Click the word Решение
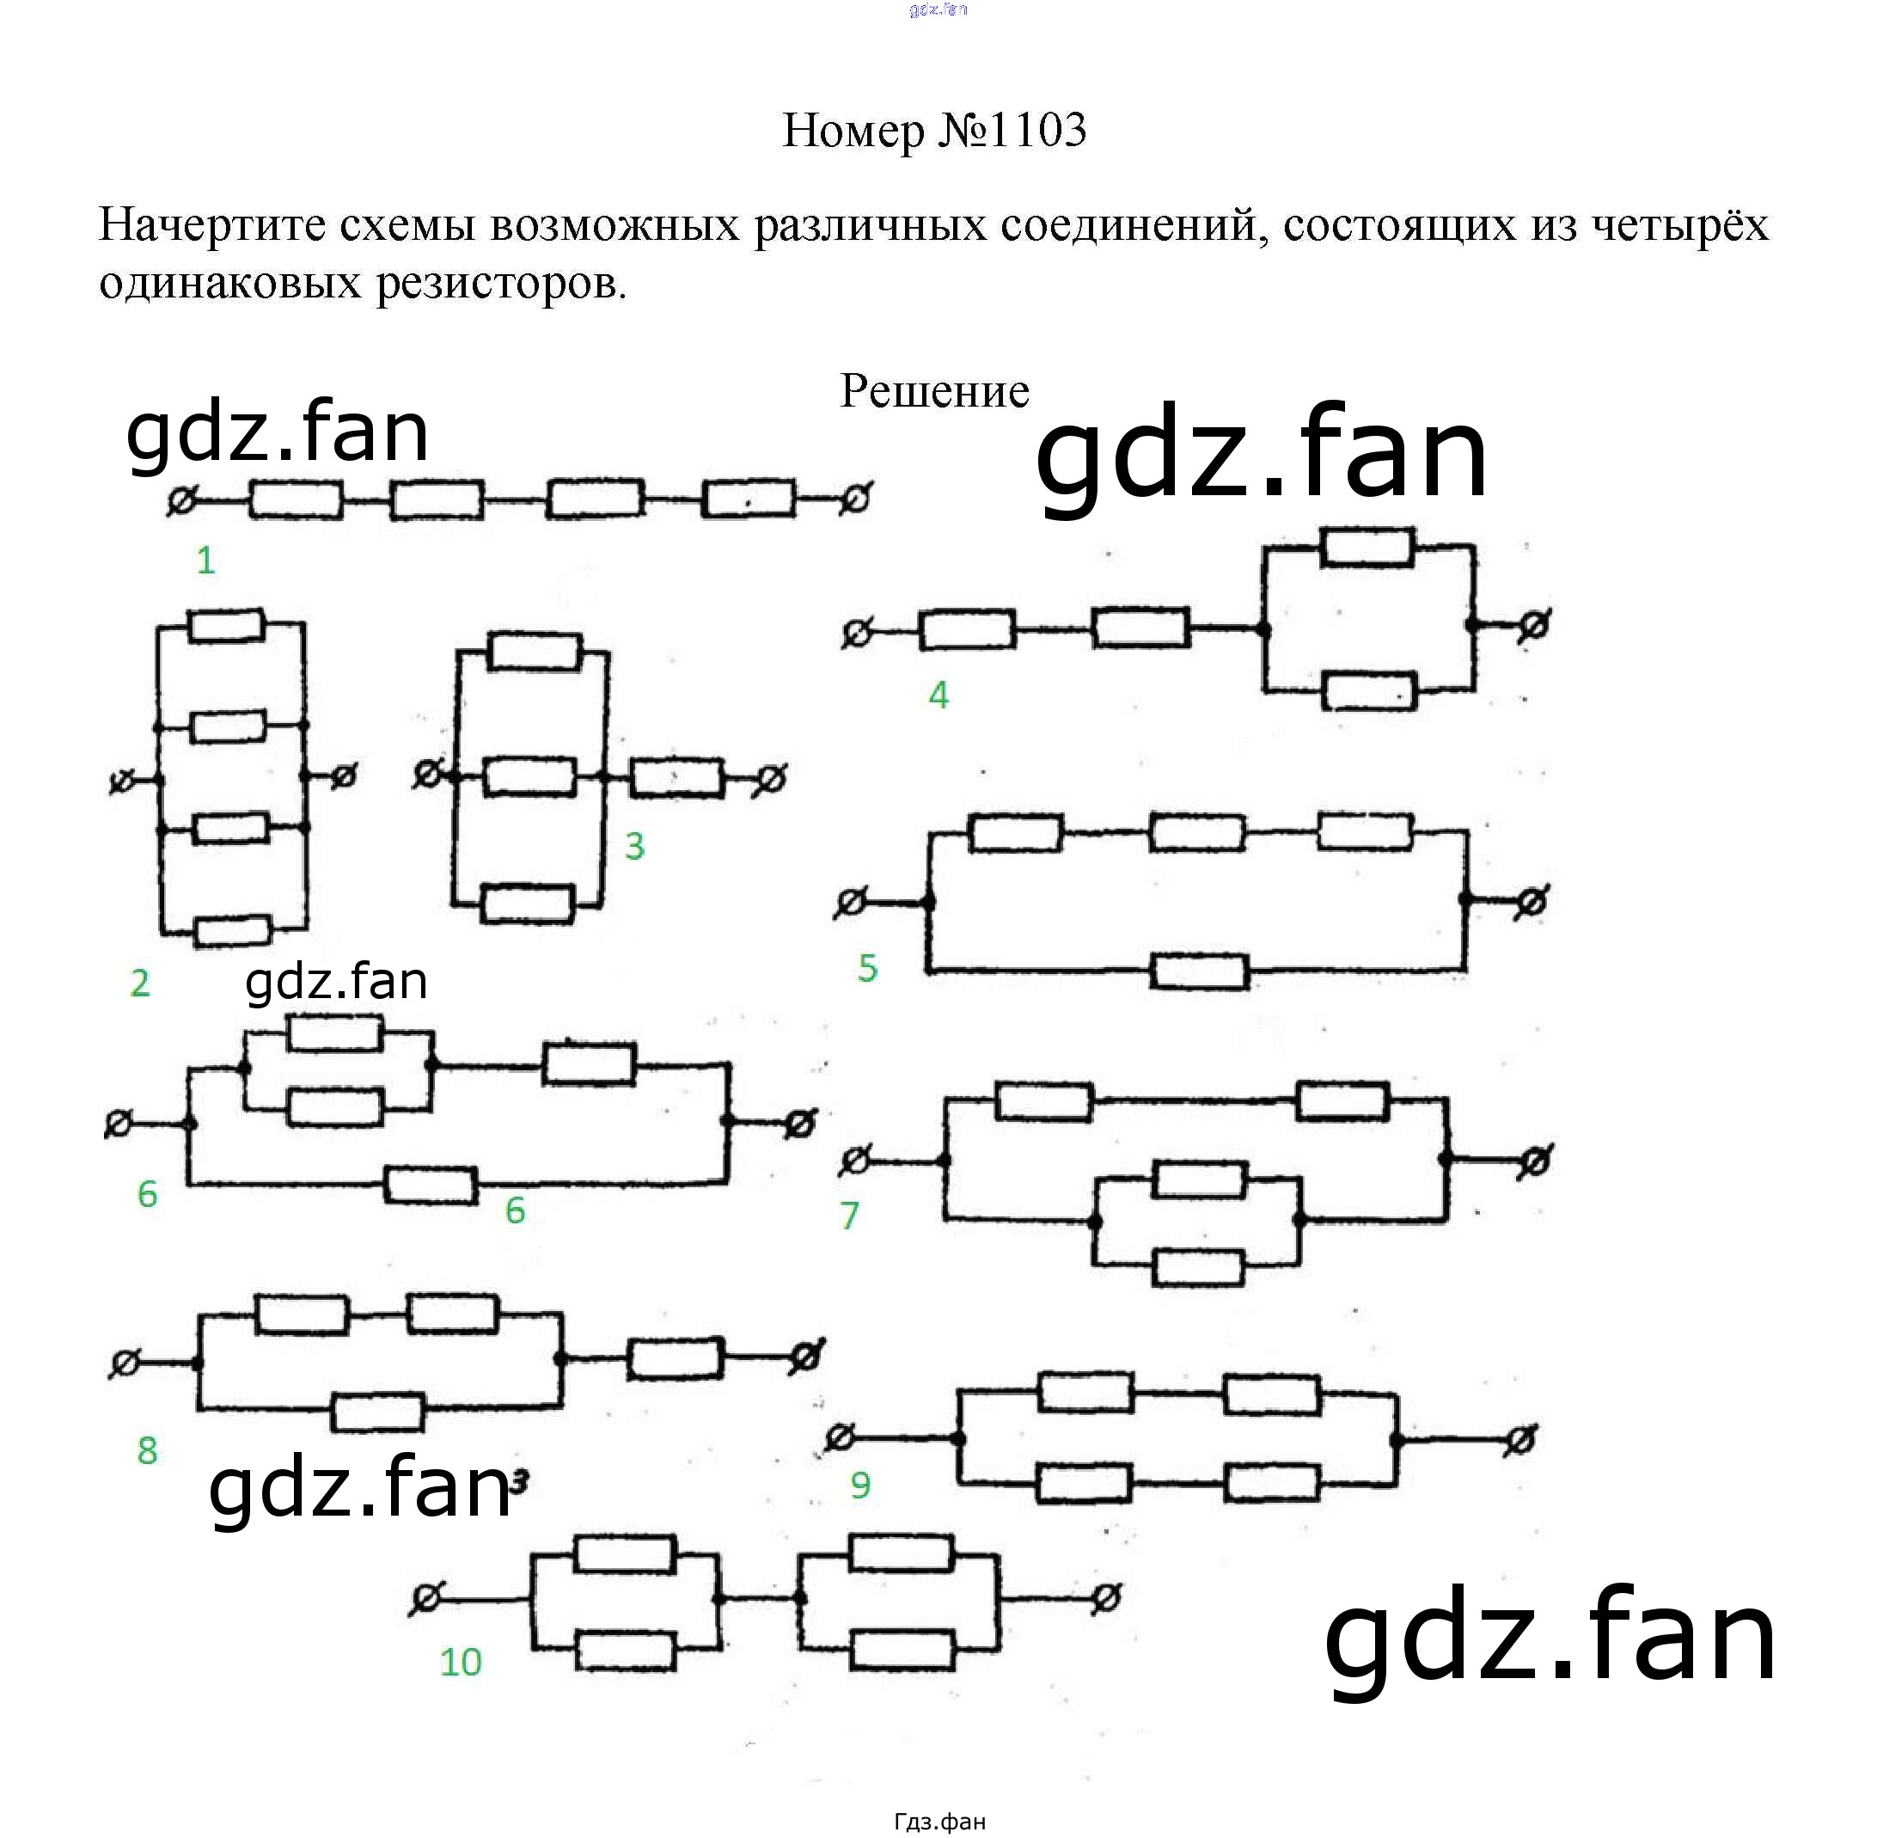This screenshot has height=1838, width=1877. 934,391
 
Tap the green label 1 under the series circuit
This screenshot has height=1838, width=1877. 205,561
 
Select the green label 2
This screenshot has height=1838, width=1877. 140,983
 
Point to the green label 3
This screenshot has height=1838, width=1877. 634,847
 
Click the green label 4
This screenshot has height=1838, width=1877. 938,695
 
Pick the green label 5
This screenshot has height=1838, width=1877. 867,968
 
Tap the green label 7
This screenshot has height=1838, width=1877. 849,1216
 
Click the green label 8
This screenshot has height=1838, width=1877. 147,1451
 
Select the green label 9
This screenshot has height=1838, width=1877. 859,1485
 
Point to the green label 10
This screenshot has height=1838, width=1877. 461,1663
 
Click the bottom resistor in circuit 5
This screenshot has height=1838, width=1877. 1200,971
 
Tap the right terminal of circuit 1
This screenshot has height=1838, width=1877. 855,499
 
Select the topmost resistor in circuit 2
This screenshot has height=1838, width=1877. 227,625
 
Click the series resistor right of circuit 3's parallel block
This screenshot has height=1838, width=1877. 676,778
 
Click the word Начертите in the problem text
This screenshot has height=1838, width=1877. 213,225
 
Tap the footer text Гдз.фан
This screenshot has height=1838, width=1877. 939,1822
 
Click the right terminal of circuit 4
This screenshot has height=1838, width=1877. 1533,627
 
